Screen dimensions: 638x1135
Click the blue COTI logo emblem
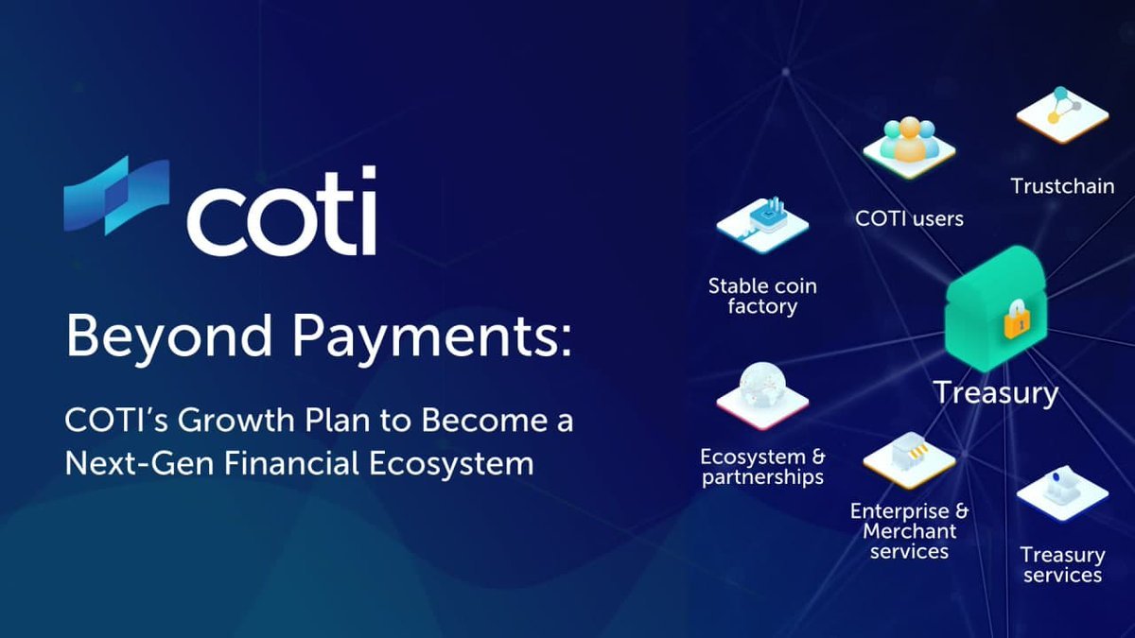click(116, 196)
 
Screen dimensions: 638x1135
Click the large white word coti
click(281, 213)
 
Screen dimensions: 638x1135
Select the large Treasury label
click(995, 392)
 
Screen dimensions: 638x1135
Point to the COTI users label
click(909, 218)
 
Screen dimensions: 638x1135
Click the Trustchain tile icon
click(1062, 112)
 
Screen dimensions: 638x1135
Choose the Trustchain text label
click(1062, 185)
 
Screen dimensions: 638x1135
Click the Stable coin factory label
click(762, 296)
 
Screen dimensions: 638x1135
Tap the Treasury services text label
click(1062, 564)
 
